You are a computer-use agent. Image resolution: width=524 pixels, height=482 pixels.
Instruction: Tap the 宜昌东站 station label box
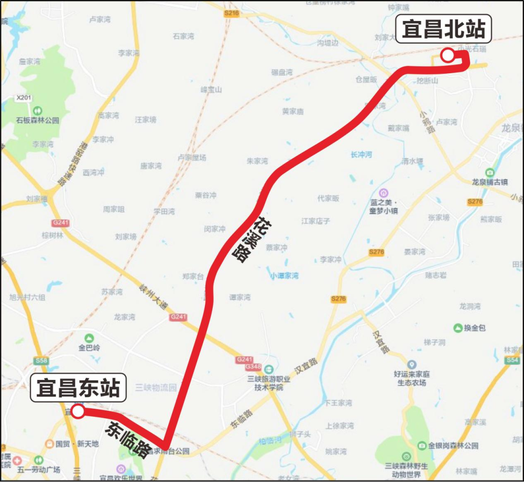[78, 388]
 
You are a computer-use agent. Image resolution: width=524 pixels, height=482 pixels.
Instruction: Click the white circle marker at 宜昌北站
[447, 55]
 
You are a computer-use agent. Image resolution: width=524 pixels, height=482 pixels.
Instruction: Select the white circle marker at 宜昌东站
[78, 412]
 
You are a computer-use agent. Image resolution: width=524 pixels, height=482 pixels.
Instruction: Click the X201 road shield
[24, 98]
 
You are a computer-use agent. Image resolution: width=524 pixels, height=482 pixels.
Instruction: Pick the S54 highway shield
[512, 360]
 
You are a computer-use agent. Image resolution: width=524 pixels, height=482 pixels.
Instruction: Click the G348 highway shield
[244, 369]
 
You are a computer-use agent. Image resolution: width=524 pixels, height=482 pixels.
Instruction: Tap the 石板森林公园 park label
[37, 120]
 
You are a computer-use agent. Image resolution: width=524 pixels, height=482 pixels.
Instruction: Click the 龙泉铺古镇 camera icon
[489, 172]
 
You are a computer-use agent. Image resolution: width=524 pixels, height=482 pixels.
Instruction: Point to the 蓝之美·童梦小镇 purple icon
[384, 193]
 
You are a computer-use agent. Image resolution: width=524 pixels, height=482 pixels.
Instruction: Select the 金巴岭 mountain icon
[89, 338]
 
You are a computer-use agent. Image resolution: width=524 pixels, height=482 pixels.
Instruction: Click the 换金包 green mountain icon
[458, 328]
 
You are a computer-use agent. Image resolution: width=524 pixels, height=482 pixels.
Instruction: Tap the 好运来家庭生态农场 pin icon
[411, 364]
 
